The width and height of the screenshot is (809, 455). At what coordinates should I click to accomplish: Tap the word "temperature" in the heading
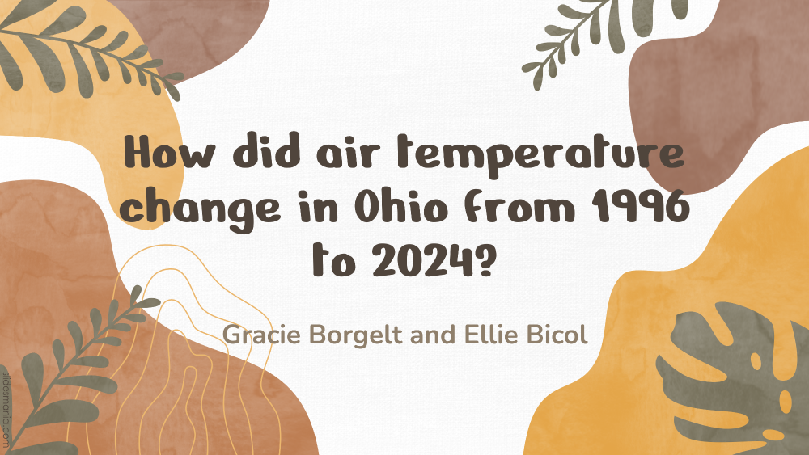540,154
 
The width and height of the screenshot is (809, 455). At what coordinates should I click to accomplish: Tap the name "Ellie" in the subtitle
485,335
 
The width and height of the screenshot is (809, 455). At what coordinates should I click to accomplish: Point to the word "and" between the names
434,335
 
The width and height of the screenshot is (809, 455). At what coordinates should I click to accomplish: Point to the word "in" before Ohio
318,207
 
